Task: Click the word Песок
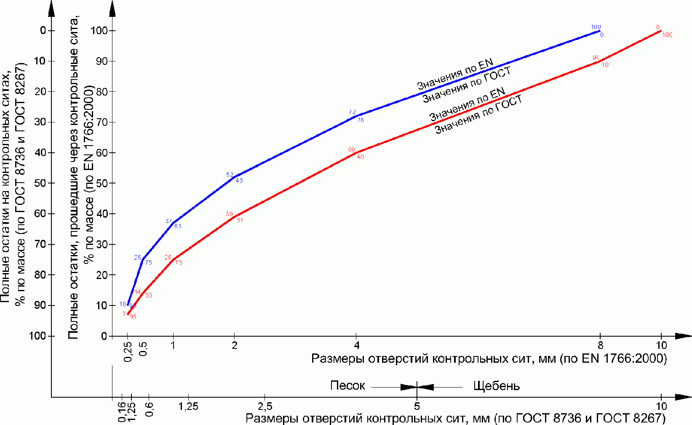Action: [x=347, y=386]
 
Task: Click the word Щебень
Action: [x=497, y=386]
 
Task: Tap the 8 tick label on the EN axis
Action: [x=600, y=345]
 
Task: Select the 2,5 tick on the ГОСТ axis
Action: [x=265, y=406]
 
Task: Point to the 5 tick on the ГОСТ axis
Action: [x=417, y=406]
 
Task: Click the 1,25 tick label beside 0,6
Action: [x=188, y=406]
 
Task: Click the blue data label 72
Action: [x=352, y=112]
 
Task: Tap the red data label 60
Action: [x=352, y=150]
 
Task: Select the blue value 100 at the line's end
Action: [x=596, y=27]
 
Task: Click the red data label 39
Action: [x=229, y=214]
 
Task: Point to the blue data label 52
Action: [x=230, y=175]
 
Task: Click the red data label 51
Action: [x=240, y=220]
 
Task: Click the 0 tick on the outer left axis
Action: [x=43, y=30]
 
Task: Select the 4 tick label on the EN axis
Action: [x=357, y=345]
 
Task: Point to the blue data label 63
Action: [x=178, y=226]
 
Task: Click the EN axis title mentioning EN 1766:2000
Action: [x=489, y=359]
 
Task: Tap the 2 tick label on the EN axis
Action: [x=235, y=345]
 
